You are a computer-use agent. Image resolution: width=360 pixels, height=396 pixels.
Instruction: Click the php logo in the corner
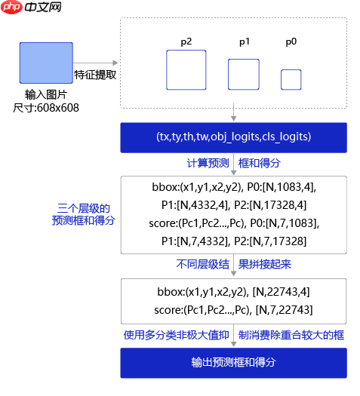pos(11,7)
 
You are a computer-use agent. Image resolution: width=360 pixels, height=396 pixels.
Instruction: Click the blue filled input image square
pos(46,63)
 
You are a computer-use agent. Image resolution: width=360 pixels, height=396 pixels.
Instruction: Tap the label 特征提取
pos(95,75)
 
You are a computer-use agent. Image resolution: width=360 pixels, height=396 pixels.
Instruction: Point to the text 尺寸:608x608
pos(46,108)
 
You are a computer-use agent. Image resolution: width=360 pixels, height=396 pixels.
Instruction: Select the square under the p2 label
pos(186,70)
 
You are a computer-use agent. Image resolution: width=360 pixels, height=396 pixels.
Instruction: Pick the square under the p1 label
pos(244,74)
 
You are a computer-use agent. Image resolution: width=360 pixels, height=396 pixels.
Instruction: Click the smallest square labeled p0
pos(291,79)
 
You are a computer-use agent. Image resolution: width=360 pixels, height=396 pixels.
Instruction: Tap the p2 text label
pos(186,42)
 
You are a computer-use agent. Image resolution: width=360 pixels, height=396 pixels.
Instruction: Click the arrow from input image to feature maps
pos(96,63)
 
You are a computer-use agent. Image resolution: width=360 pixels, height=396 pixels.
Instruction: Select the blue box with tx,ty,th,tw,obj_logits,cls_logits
pos(234,137)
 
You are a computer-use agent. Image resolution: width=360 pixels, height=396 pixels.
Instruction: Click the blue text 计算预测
pos(208,163)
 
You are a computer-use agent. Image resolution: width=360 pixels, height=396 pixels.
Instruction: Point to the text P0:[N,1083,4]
pos(282,187)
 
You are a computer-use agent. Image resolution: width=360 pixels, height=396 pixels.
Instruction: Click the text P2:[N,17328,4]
pos(270,205)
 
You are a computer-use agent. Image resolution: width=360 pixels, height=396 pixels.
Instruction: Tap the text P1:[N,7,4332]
pos(195,241)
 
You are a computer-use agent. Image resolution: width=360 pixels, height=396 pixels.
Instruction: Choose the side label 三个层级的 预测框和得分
pos(83,214)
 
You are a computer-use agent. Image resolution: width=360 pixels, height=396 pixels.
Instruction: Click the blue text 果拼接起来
pos(265,265)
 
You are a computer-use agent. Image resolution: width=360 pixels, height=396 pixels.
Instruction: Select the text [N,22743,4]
pos(282,292)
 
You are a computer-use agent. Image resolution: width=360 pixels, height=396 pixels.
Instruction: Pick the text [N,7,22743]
pos(285,310)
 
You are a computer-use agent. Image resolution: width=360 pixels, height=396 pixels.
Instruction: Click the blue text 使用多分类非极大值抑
pos(177,336)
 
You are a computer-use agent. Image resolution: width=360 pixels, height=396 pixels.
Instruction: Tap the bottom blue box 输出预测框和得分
pos(234,363)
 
